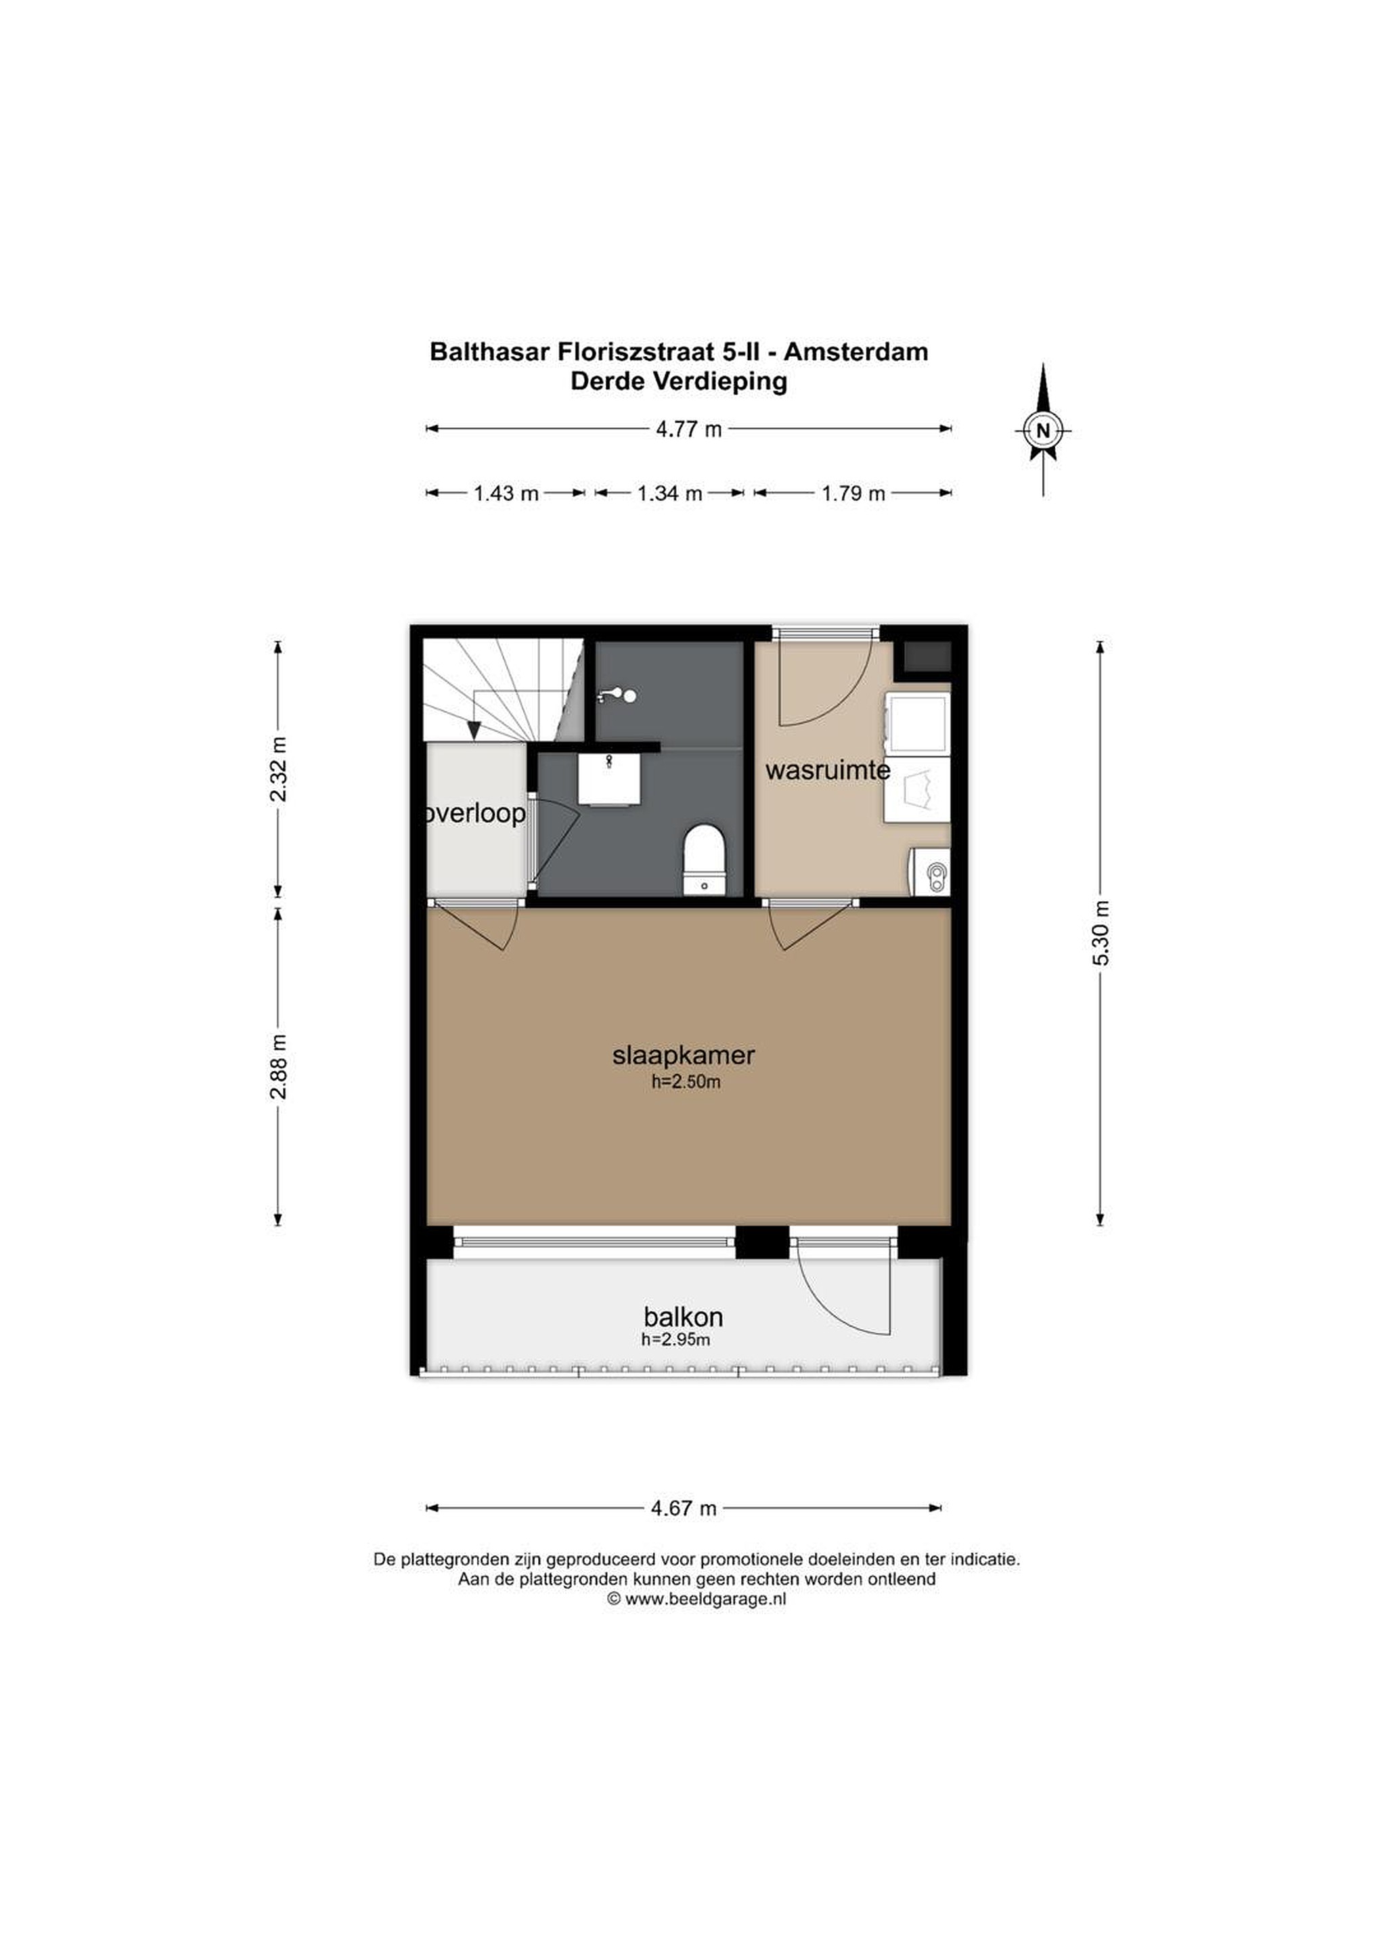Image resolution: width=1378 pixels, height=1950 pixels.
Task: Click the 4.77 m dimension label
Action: coord(688,429)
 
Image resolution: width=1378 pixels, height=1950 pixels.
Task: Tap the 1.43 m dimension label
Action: coord(506,493)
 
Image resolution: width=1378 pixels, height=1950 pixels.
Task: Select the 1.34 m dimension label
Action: coord(669,493)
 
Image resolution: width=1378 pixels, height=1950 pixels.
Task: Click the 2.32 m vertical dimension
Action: coord(277,768)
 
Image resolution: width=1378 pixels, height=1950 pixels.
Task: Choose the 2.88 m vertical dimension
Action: coord(277,1066)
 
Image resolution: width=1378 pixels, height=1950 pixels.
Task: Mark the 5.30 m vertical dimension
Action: coord(1101,932)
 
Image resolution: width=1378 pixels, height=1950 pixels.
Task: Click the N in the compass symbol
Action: coord(1044,430)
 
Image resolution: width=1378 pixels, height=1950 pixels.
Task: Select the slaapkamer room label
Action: coord(684,1055)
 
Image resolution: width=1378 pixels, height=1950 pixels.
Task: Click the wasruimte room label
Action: coord(828,771)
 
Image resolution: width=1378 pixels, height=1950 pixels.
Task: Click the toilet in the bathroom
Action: coord(705,859)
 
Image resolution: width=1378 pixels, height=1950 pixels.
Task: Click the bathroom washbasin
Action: coord(608,779)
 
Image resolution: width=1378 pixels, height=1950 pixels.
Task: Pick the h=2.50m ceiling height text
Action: coord(686,1082)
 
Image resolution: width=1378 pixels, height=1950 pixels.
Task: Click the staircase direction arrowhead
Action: coord(474,729)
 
